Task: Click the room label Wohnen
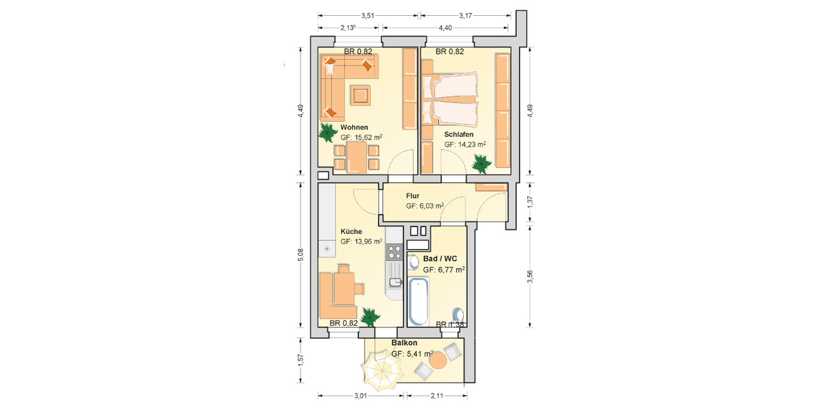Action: (354, 127)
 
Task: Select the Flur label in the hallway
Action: (413, 196)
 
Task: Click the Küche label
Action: (351, 231)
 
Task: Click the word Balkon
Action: (405, 343)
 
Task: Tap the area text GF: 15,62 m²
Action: (361, 138)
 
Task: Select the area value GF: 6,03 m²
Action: (425, 206)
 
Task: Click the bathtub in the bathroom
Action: (419, 301)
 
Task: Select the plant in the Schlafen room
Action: (480, 163)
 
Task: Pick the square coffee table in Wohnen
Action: (360, 94)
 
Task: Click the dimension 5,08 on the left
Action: (300, 255)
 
